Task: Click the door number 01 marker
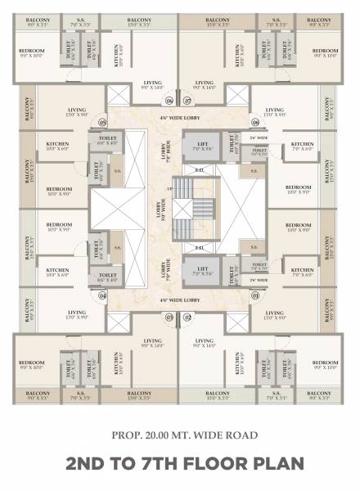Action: coord(254,295)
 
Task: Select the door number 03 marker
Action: coord(169,317)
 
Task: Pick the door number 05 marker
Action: coord(104,123)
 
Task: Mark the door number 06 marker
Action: coord(169,101)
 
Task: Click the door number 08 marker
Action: coord(254,123)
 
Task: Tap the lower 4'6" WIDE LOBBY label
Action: coord(178,300)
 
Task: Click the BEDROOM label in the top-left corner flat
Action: coord(32,52)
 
